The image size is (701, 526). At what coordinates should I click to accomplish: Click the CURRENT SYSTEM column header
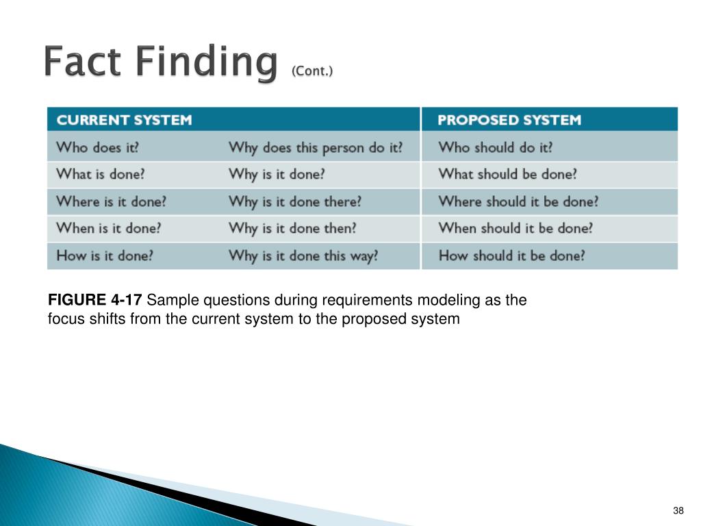point(125,120)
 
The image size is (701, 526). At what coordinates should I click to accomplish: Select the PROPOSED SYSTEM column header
point(509,120)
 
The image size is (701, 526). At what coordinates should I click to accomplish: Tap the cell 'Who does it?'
point(97,147)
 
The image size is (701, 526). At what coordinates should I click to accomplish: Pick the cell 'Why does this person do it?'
point(316,148)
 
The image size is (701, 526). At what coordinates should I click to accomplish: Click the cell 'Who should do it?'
point(496,147)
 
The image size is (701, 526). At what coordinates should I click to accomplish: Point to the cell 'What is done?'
point(101,174)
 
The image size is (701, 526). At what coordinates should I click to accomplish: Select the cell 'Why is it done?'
point(277,175)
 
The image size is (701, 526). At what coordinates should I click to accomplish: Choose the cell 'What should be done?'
point(507,174)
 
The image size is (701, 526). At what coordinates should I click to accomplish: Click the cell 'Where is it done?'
point(111,201)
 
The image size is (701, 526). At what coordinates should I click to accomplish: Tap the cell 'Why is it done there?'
point(295,202)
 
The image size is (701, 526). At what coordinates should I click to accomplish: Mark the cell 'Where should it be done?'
point(518,201)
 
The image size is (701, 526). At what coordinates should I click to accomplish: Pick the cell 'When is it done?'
point(108,228)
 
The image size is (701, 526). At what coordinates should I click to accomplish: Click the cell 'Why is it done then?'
point(292,229)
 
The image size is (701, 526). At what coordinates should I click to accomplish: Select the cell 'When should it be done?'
point(515,228)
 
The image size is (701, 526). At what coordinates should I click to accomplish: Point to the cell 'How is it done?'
point(105,255)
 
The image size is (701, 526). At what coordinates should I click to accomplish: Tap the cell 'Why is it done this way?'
point(303,256)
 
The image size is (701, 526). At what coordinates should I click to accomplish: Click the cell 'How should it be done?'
point(511,255)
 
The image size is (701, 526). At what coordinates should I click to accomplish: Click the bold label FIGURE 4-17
point(94,300)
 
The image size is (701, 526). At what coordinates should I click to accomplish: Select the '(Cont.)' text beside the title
point(312,71)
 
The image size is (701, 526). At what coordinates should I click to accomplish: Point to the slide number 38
point(678,511)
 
